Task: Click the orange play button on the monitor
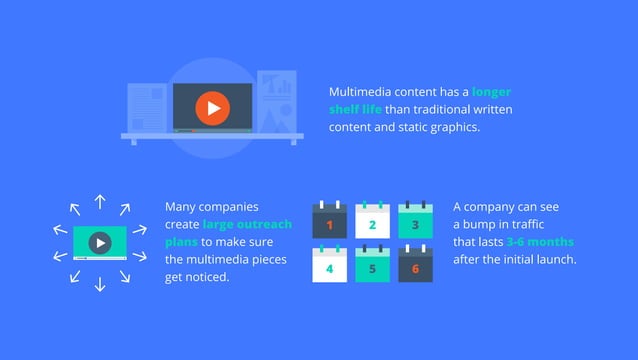tap(212, 108)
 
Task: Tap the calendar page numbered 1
tap(329, 223)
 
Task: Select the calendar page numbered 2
tap(372, 223)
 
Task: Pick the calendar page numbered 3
tap(415, 223)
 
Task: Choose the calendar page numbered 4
tap(329, 266)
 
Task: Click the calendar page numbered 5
tap(372, 266)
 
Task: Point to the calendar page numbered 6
tap(415, 266)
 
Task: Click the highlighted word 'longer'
tap(491, 91)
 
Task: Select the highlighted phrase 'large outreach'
tap(247, 224)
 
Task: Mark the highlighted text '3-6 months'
tap(540, 242)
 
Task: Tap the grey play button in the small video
tap(99, 242)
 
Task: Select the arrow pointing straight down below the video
tap(100, 284)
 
